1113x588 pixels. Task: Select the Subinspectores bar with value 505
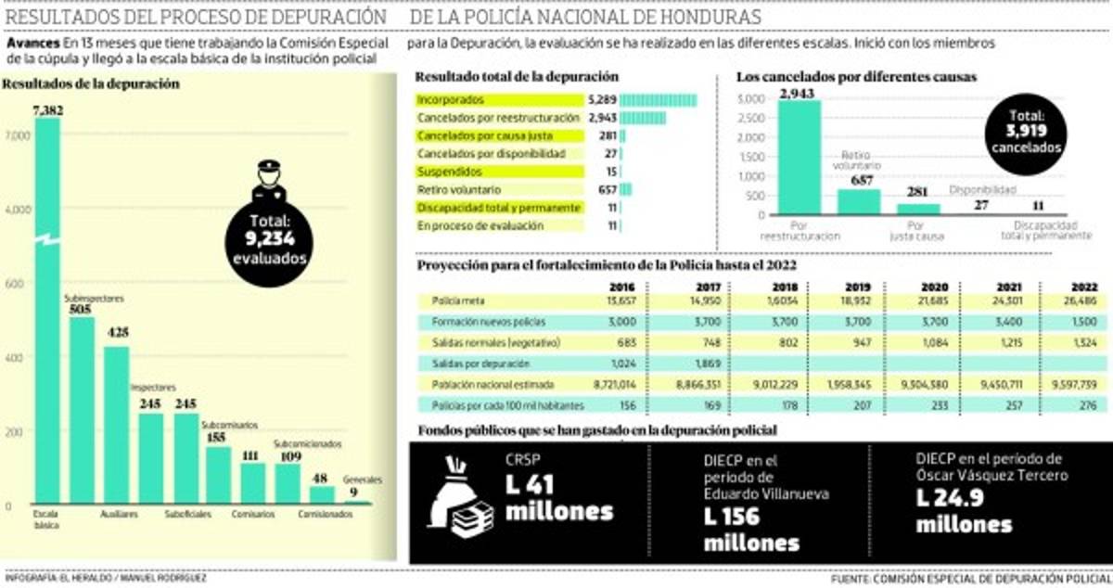[83, 408]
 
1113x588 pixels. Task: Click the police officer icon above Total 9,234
[268, 182]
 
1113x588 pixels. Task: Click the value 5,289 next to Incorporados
[602, 100]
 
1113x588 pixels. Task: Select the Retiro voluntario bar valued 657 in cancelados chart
[858, 201]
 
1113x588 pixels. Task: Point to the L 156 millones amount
[751, 529]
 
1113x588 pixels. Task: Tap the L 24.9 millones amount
[964, 510]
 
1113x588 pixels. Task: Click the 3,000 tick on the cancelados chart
[751, 99]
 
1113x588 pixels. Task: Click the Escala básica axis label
[46, 518]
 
